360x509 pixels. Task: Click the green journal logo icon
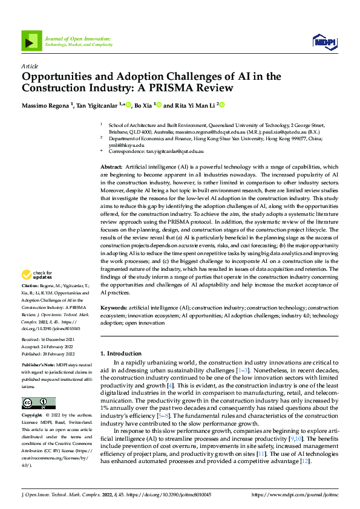(31, 40)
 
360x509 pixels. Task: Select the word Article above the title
(30, 66)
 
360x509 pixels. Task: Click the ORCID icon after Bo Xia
(159, 105)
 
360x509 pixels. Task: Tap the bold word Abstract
(111, 166)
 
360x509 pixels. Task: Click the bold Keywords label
(114, 308)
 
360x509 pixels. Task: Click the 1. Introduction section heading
(121, 354)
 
